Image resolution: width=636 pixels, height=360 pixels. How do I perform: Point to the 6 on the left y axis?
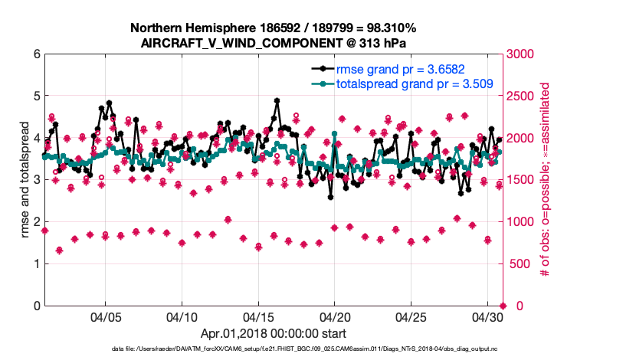[x=35, y=54]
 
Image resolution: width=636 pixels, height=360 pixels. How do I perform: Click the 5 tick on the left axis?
[x=35, y=97]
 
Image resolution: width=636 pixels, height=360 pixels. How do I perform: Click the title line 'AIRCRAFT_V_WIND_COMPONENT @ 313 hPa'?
[x=273, y=43]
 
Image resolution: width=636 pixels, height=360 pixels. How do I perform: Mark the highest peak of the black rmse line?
[x=276, y=100]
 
